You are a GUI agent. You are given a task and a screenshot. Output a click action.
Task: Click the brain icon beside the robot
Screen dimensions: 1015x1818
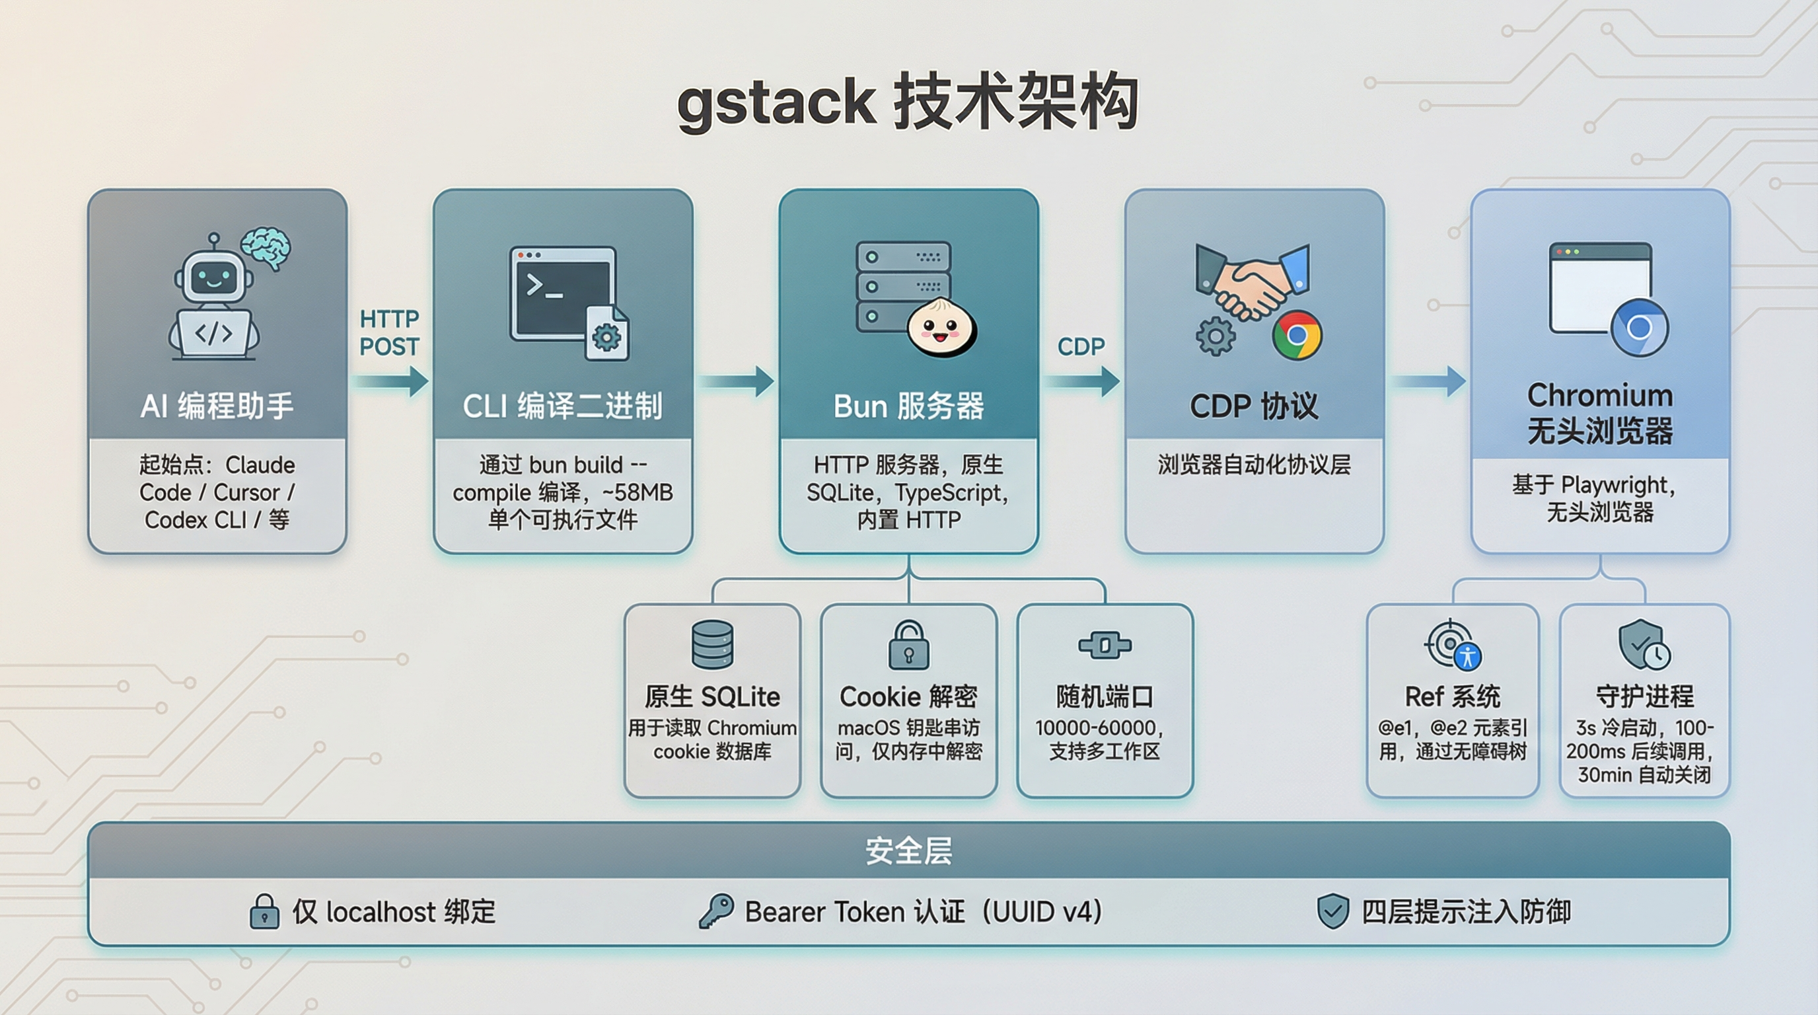point(266,248)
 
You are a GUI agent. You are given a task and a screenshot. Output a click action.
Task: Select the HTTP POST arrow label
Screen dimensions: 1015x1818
point(389,332)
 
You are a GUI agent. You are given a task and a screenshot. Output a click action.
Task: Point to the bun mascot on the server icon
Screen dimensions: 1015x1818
point(941,328)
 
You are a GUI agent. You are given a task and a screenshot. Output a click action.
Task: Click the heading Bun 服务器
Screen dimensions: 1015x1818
point(908,406)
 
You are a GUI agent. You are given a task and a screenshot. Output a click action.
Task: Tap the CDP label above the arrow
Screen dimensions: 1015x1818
point(1081,346)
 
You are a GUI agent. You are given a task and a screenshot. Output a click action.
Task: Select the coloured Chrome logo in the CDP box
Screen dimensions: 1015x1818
point(1297,335)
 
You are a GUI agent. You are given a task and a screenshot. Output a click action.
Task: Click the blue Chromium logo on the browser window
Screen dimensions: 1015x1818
point(1639,328)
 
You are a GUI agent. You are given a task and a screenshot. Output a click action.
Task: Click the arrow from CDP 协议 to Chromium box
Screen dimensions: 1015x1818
point(1428,382)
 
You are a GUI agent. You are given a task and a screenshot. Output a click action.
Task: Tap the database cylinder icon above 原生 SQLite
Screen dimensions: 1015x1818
point(712,644)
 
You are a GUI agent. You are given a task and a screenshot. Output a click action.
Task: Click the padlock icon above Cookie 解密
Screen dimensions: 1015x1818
point(908,645)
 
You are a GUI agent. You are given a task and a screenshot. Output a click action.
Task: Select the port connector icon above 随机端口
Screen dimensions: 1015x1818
point(1105,645)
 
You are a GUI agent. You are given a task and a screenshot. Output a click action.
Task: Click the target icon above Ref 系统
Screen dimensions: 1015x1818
point(1453,645)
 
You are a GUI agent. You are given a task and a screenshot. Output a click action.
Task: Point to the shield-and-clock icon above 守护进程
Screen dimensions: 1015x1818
point(1644,645)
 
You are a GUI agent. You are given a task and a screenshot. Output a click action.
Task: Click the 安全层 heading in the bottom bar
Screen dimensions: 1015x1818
point(908,851)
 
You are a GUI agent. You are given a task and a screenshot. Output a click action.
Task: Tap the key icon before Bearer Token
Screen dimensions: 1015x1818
point(715,911)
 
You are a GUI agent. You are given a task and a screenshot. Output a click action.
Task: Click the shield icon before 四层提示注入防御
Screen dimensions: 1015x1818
point(1333,911)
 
